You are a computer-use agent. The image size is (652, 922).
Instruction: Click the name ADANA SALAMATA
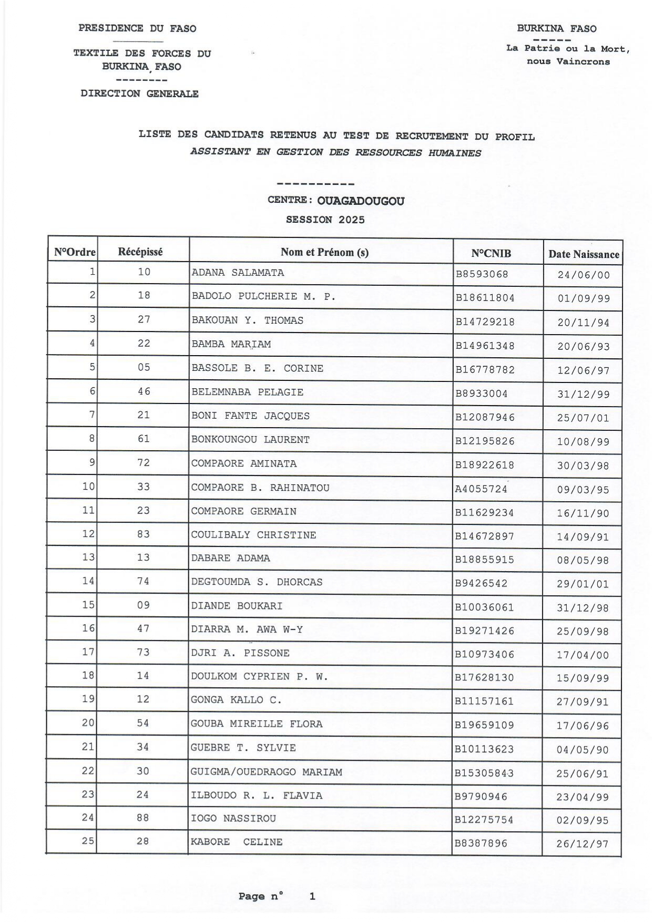[x=238, y=273]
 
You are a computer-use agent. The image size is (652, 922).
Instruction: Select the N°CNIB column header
[x=491, y=254]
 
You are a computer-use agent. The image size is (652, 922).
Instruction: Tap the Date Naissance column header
[x=584, y=254]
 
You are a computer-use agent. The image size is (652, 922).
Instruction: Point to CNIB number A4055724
[x=481, y=489]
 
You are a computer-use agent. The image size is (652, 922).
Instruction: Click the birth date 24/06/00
[x=584, y=275]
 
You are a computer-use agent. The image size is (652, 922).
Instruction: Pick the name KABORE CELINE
[x=237, y=842]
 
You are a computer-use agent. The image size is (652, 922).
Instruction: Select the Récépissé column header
[x=140, y=252]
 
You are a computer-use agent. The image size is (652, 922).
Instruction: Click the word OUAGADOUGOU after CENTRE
[x=361, y=201]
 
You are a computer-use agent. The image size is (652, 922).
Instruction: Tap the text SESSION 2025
[x=325, y=220]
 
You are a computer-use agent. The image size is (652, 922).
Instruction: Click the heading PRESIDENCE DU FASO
[x=137, y=28]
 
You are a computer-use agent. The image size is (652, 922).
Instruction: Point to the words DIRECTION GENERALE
[x=139, y=94]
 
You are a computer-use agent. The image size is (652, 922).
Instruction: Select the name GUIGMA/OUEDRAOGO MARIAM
[x=266, y=772]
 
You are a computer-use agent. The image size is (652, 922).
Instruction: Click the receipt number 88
[x=142, y=818]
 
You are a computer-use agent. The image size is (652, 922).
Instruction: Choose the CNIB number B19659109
[x=484, y=725]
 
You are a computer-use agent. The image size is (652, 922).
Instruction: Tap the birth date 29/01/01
[x=583, y=584]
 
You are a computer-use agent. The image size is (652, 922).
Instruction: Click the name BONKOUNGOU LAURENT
[x=250, y=440]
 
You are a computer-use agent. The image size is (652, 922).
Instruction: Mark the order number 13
[x=88, y=557]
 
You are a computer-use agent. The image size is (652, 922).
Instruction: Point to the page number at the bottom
[x=312, y=896]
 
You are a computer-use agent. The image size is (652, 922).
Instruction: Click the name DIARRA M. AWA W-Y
[x=247, y=629]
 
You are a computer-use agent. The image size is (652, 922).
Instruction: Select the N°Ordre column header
[x=75, y=252]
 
